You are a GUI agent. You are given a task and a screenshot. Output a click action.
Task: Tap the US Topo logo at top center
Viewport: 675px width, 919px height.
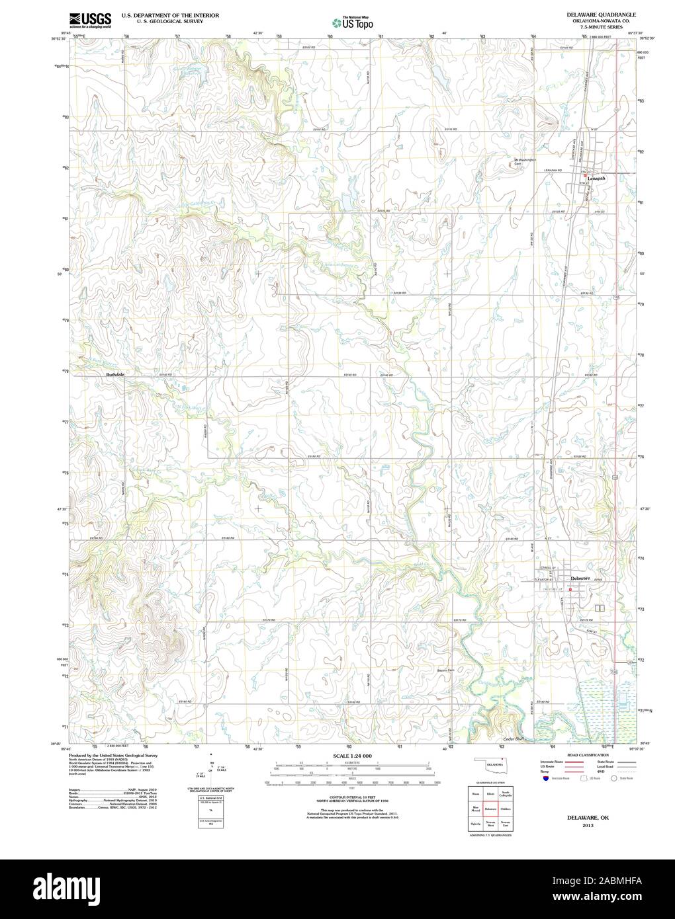352,22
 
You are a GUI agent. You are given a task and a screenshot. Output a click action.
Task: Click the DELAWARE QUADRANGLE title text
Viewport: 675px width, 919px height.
601,14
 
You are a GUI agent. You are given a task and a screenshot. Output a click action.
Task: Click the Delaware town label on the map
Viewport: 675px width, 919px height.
580,578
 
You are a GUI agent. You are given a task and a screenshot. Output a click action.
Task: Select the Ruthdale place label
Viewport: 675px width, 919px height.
115,375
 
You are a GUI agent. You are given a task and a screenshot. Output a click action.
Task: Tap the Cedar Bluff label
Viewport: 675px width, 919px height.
517,738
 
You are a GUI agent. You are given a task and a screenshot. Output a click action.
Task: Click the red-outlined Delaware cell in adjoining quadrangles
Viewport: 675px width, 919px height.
490,809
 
